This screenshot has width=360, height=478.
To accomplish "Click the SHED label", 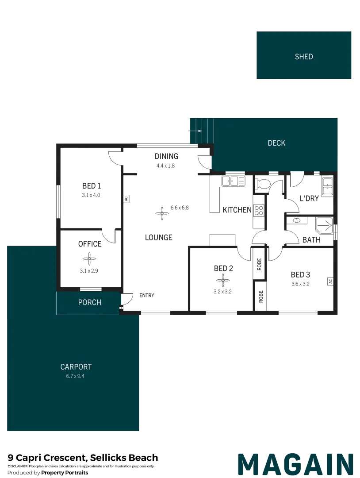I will click(x=304, y=57).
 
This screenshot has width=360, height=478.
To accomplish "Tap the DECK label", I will click(x=276, y=143).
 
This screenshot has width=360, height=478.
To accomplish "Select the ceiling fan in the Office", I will click(x=90, y=258).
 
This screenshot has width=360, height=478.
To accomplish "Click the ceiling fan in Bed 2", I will click(x=223, y=279).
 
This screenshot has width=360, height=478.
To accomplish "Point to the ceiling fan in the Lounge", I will click(x=162, y=214).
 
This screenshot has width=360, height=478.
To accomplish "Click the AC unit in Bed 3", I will click(x=330, y=281).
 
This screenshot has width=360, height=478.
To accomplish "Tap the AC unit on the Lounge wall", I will click(x=126, y=199).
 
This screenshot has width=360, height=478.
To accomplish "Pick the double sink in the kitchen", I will click(x=233, y=181).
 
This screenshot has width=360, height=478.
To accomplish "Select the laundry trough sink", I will click(x=327, y=186).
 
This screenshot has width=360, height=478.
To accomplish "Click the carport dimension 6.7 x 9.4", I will click(x=76, y=376).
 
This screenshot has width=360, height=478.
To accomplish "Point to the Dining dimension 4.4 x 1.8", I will click(x=166, y=166).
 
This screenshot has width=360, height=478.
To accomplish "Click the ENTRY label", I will click(x=146, y=295).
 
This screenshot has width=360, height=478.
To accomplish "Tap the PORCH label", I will click(x=90, y=303).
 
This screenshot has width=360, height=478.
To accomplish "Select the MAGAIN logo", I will click(x=295, y=464).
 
